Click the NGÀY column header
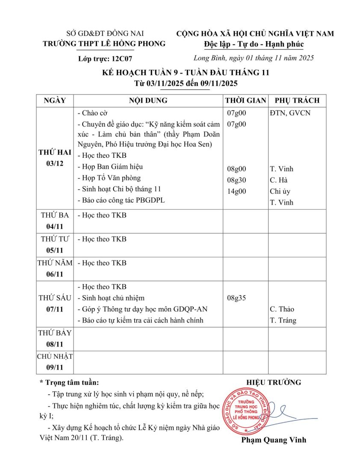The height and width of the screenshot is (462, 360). coord(55,101)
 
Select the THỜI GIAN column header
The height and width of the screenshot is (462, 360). coord(245,101)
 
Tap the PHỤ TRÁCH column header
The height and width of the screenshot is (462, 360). coord(297,101)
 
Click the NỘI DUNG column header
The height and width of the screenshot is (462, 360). coord(148,101)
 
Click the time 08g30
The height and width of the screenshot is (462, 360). coord(236,180)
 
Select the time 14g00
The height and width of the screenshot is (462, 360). coord(236,191)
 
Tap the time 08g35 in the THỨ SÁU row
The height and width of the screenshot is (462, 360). coord(236,298)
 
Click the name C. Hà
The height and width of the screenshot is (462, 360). coord(279,180)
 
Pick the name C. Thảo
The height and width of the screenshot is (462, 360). coord(282,309)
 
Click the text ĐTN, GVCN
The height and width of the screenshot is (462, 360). coord(290,113)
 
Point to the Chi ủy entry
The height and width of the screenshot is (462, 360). coord(280,191)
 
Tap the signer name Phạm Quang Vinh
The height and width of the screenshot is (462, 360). coord(274,440)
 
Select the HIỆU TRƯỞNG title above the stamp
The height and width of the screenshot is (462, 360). coord(274,382)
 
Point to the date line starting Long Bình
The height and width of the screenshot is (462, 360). coord(254,58)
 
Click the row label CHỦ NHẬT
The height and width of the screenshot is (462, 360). coord(55,356)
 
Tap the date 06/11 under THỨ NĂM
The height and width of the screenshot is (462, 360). coord(55,274)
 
